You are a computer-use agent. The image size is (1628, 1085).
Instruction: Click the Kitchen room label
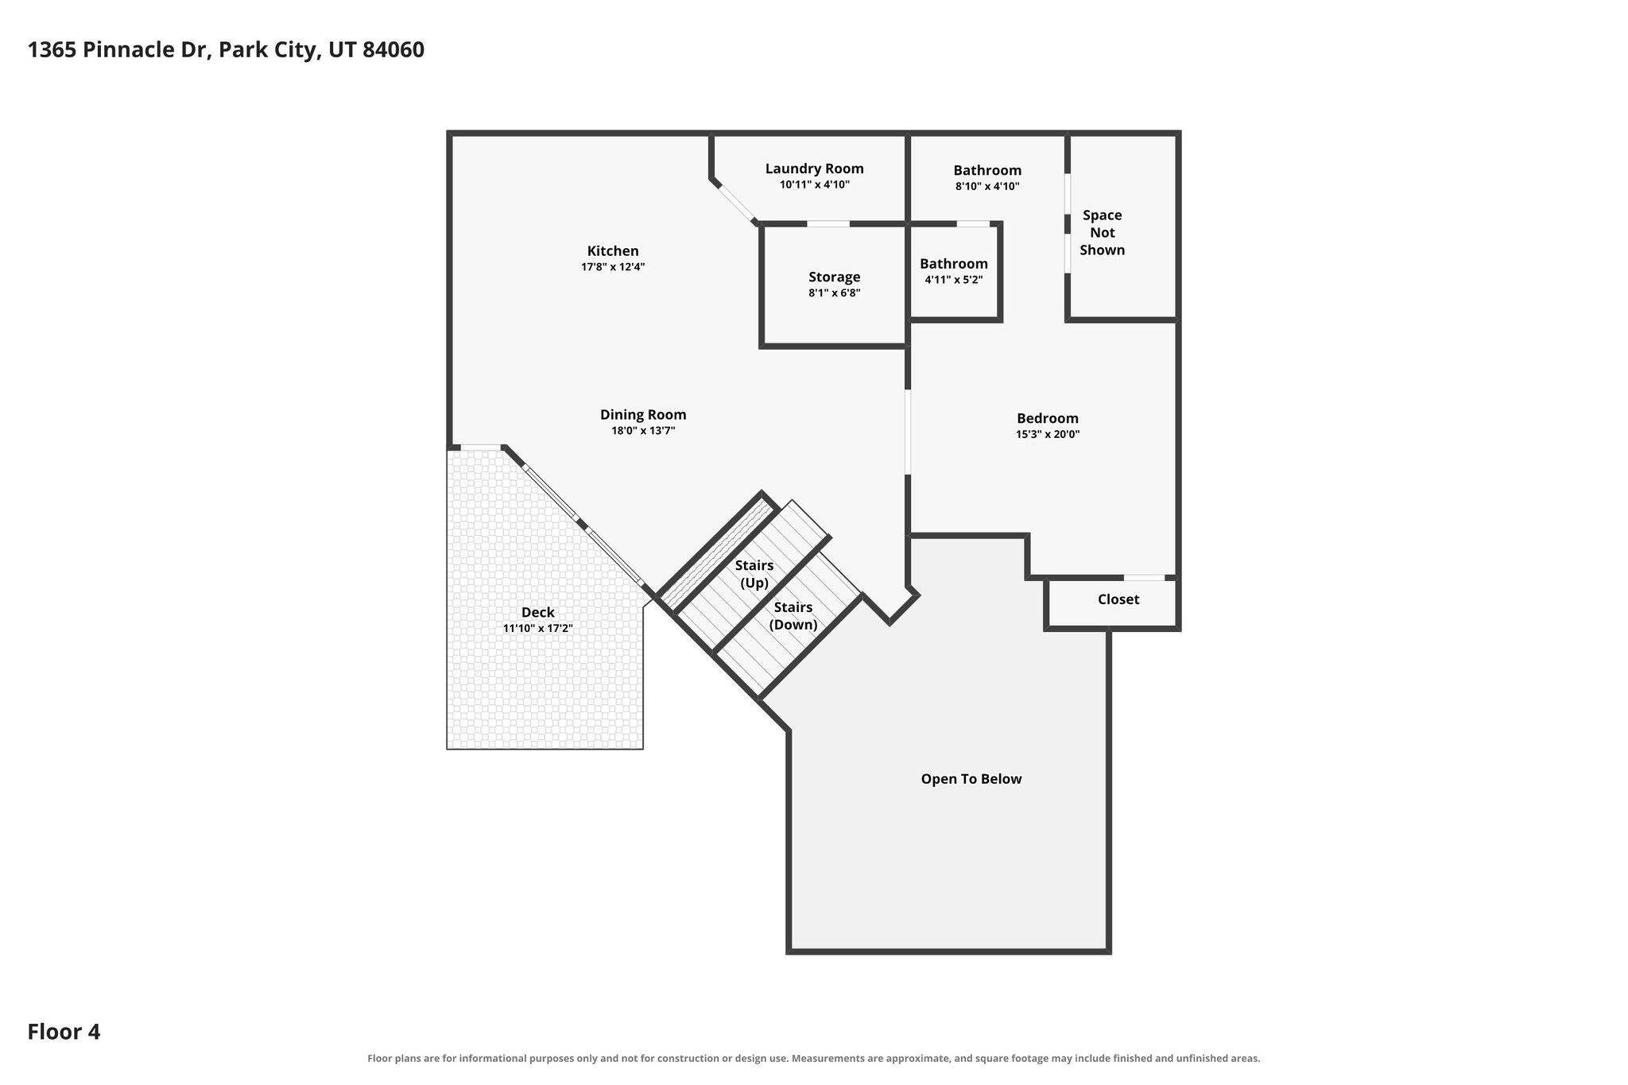[613, 251]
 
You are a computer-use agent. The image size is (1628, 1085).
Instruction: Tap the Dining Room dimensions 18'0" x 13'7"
[643, 431]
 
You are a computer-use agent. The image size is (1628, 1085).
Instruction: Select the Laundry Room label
[814, 169]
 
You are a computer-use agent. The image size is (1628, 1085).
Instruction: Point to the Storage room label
[834, 277]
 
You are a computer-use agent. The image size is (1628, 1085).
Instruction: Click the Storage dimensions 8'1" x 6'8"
[834, 293]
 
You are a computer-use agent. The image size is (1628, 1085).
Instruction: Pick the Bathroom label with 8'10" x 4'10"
[987, 170]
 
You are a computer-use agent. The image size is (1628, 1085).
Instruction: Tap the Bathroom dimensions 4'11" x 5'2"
[954, 280]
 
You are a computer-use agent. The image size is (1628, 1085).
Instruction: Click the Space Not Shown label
[1103, 232]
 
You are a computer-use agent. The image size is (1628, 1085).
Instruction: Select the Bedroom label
[1048, 418]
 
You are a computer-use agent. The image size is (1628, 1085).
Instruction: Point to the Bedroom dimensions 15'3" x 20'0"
[1048, 434]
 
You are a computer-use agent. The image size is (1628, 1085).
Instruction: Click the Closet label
[1118, 599]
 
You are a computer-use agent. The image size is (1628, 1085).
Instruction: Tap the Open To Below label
[971, 779]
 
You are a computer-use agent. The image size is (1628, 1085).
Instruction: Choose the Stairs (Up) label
[754, 574]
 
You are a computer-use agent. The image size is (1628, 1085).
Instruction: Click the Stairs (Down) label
[793, 616]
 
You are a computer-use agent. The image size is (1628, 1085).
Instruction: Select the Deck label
[537, 612]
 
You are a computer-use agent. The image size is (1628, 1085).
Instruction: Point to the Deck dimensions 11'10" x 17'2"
[537, 629]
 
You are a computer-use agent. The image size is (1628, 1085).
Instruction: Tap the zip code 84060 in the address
[393, 50]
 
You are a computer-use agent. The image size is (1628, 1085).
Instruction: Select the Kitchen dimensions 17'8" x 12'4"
[613, 267]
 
